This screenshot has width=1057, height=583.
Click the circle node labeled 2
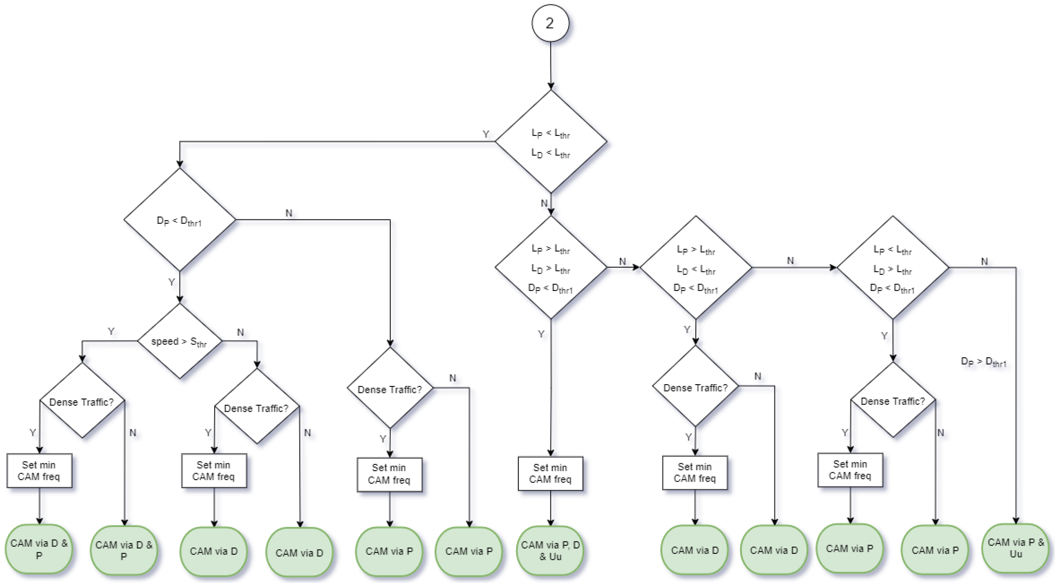pyautogui.click(x=550, y=23)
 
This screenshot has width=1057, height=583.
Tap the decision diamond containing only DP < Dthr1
pyautogui.click(x=179, y=220)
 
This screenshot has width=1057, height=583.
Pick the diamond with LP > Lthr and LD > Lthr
pyautogui.click(x=551, y=268)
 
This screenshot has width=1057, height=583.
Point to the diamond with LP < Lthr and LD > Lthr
pyautogui.click(x=893, y=268)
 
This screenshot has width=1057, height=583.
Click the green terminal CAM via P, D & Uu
pyautogui.click(x=550, y=551)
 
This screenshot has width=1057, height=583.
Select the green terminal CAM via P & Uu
pyautogui.click(x=1015, y=548)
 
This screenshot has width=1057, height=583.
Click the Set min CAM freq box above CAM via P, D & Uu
pyautogui.click(x=550, y=473)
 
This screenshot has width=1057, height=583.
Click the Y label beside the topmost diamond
pyautogui.click(x=486, y=134)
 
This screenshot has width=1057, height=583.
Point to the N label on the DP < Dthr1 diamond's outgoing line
pyautogui.click(x=289, y=213)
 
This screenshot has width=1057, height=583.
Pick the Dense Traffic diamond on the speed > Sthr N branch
pyautogui.click(x=257, y=407)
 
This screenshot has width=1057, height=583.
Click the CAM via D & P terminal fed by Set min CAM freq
pyautogui.click(x=39, y=549)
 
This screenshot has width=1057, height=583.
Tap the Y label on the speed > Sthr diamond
pyautogui.click(x=111, y=331)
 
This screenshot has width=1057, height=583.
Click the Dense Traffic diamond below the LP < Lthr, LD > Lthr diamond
pyautogui.click(x=893, y=400)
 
